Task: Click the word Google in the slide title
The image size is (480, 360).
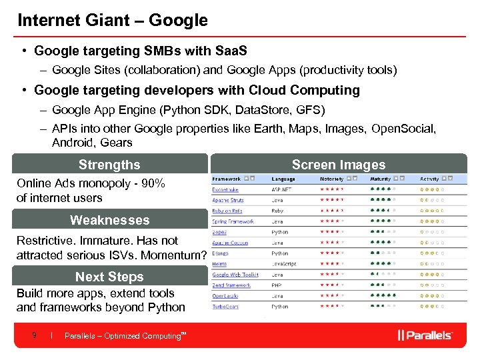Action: click(x=178, y=20)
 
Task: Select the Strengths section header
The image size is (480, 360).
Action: click(x=109, y=165)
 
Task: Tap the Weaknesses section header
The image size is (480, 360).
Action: click(x=109, y=220)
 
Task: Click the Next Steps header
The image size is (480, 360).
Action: click(x=109, y=277)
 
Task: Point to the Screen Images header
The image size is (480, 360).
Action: click(x=339, y=165)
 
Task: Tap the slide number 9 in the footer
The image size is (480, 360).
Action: click(x=34, y=335)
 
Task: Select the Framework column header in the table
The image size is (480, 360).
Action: click(x=227, y=179)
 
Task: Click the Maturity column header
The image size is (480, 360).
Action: click(x=381, y=179)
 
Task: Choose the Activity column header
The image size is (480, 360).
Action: click(x=429, y=179)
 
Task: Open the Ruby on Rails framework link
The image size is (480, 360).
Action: click(x=227, y=211)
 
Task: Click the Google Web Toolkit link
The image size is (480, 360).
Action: click(x=235, y=275)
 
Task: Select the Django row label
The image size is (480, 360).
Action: click(x=220, y=253)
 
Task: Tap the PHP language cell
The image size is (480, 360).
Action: click(x=277, y=285)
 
